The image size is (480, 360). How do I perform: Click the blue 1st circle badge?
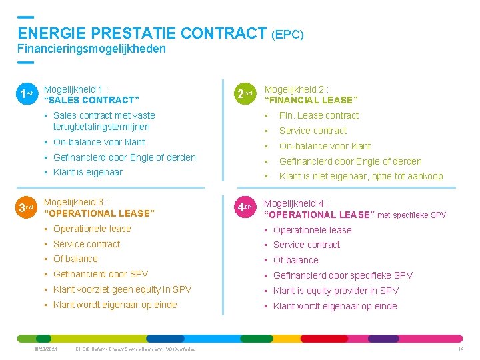click(x=26, y=95)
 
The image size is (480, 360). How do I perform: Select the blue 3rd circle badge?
click(x=26, y=208)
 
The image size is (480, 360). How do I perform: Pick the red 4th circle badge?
click(x=245, y=208)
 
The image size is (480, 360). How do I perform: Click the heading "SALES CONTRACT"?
click(x=91, y=100)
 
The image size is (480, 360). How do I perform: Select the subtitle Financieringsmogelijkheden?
click(x=91, y=49)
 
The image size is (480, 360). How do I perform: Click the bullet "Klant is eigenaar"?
click(x=88, y=172)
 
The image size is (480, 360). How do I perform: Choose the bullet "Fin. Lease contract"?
click(x=319, y=115)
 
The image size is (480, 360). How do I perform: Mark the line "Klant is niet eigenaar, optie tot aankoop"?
click(x=361, y=176)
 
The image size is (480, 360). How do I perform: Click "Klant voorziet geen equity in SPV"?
click(x=122, y=289)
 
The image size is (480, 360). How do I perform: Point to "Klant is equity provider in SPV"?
click(x=336, y=291)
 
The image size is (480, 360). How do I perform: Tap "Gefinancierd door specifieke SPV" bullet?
click(x=343, y=275)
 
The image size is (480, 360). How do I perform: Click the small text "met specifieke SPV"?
click(x=411, y=215)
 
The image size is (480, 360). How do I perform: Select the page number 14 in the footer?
click(x=461, y=349)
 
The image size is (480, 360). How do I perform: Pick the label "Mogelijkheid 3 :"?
click(x=75, y=201)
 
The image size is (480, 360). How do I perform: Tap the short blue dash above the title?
click(x=25, y=16)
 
